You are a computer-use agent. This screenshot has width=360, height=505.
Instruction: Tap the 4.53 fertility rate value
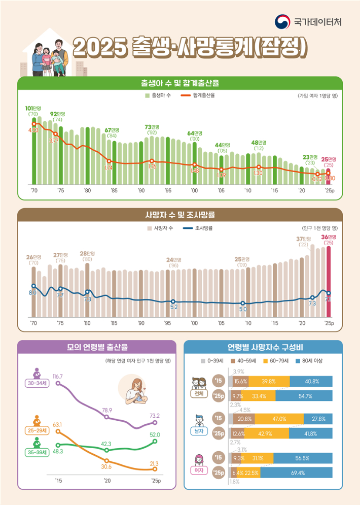point(33,130)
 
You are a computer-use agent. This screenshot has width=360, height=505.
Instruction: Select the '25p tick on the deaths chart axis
point(329,323)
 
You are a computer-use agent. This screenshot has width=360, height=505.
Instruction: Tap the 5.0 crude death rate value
point(243,309)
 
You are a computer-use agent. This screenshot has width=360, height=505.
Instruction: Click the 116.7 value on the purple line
point(57,376)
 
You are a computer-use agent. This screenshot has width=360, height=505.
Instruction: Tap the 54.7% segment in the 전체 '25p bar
point(304,396)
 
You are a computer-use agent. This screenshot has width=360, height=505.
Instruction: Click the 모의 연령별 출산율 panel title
point(97,348)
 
